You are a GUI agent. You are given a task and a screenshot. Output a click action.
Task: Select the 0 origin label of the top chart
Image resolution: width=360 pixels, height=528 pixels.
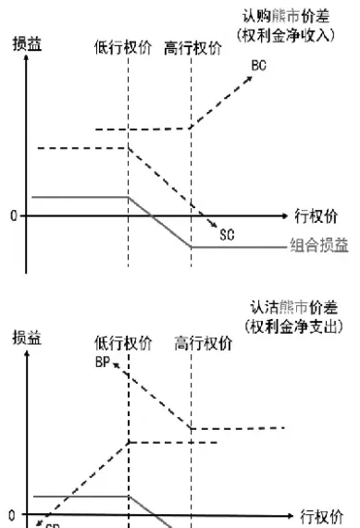click(x=14, y=216)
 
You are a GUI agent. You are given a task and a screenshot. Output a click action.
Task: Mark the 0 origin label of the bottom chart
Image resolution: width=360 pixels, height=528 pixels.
click(x=13, y=514)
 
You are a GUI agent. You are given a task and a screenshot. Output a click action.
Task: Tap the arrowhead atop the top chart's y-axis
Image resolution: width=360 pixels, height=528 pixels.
click(x=31, y=63)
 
